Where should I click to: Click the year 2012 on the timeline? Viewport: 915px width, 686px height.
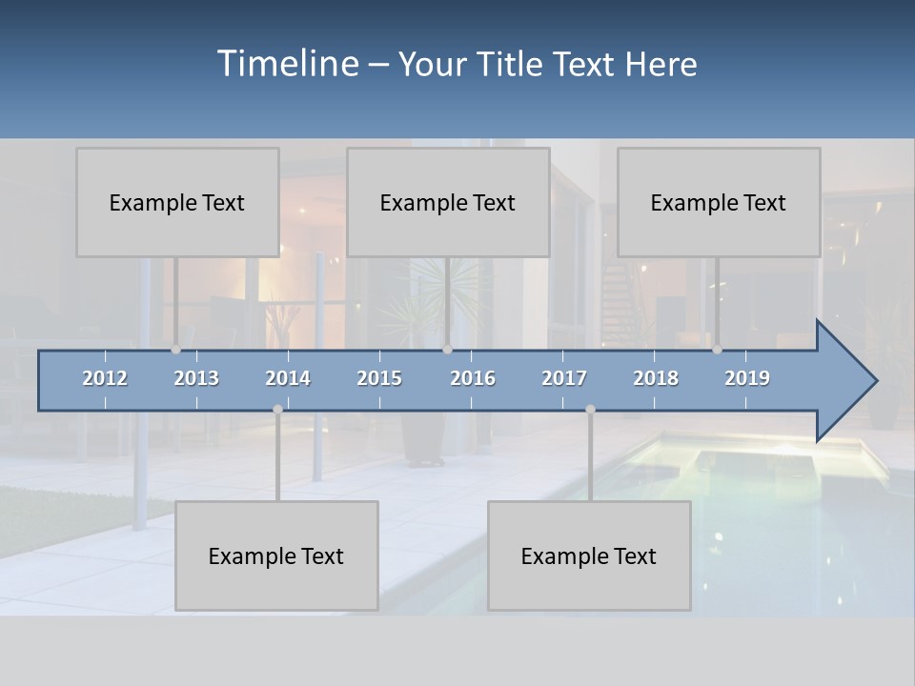pos(105,378)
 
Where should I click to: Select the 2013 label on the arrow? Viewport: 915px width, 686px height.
pos(196,378)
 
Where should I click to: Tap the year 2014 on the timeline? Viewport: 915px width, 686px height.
pos(288,378)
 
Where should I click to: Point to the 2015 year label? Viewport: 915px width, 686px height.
pos(379,378)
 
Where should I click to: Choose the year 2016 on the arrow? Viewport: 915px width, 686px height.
pos(473,378)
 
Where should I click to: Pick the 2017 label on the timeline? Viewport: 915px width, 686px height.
pos(564,378)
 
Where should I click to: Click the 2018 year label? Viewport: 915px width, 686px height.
pos(656,378)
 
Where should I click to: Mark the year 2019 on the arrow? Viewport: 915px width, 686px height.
pos(747,378)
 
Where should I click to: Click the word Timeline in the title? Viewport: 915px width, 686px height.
pos(287,63)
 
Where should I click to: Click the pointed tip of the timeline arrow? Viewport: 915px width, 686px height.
pos(874,381)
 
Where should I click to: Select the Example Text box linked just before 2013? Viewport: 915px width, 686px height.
pos(177,202)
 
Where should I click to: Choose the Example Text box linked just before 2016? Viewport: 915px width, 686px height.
pos(448,202)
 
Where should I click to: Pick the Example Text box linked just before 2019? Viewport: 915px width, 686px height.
pos(719,202)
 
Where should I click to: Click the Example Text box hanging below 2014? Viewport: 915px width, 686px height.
pos(276,555)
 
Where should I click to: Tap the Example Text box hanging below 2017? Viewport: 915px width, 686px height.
pos(589,555)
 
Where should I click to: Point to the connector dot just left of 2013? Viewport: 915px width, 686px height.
pos(176,350)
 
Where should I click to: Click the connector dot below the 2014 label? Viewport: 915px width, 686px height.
pos(277,410)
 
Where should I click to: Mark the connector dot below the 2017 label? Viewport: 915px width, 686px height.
pos(590,410)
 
